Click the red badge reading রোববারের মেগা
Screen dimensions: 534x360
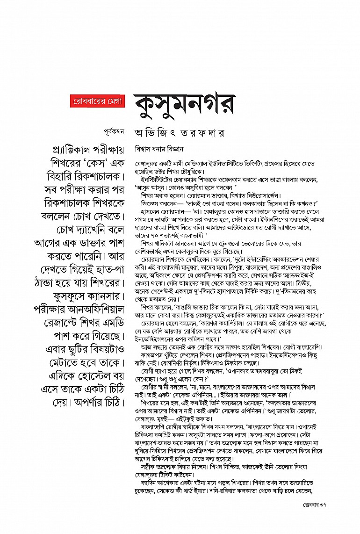coord(96,101)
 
